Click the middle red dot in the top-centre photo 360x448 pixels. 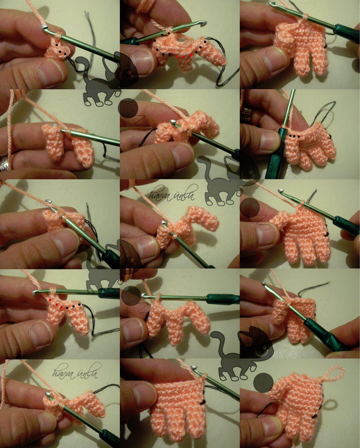click(x=183, y=57)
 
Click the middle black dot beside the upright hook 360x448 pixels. click(x=294, y=136)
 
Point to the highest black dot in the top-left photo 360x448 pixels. click(x=57, y=45)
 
